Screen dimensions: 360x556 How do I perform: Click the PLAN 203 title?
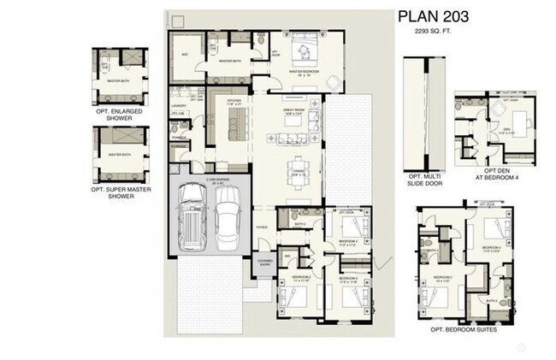[x=434, y=16]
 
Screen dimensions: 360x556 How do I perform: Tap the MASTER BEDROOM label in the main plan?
[x=305, y=72]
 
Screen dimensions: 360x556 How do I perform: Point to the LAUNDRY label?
[x=180, y=106]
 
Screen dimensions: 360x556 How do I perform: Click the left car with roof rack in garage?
[x=193, y=218]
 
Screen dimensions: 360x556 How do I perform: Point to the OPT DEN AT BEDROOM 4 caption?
[x=497, y=175]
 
